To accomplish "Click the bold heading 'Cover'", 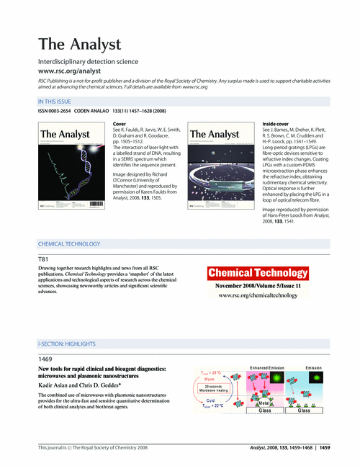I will pyautogui.click(x=122, y=125).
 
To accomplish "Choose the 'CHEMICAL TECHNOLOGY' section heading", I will pyautogui.click(x=71, y=243).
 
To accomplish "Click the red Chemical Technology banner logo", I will pyautogui.click(x=258, y=273).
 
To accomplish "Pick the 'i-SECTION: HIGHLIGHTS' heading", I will pyautogui.click(x=71, y=346).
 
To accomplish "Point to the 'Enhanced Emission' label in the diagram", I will pyautogui.click(x=267, y=367).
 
